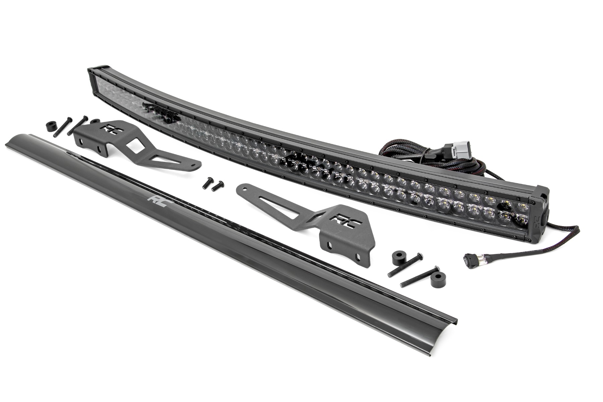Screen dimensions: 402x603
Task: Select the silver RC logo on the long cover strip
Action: (x=156, y=200)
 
